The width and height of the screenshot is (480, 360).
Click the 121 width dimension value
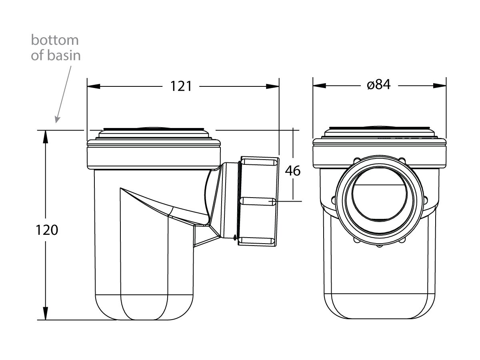click(181, 86)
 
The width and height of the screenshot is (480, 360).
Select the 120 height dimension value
click(47, 230)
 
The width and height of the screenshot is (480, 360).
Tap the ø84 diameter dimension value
click(378, 85)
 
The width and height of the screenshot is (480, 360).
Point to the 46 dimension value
click(292, 171)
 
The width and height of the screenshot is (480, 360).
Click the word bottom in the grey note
click(55, 40)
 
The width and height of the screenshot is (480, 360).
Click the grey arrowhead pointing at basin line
click(57, 120)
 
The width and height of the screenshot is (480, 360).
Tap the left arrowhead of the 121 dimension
click(94, 86)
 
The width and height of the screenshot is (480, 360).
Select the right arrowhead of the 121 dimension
click(272, 86)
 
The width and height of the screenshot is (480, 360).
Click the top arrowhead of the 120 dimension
click(45, 137)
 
